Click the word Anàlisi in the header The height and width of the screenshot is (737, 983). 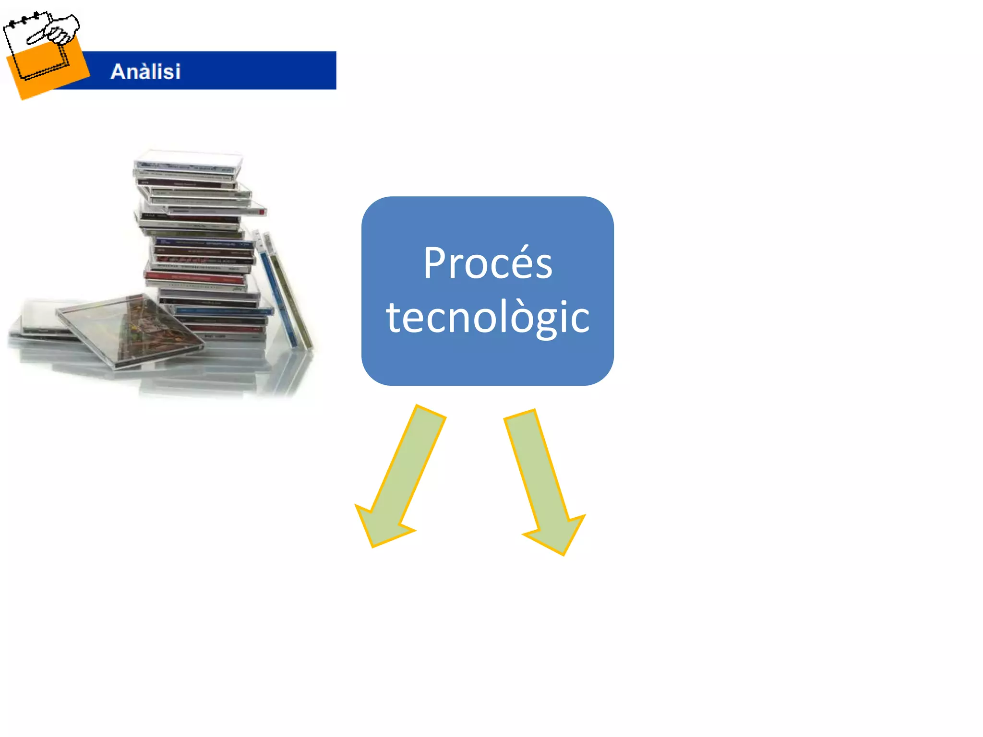[145, 71]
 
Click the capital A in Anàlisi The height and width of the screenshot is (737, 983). [118, 71]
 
